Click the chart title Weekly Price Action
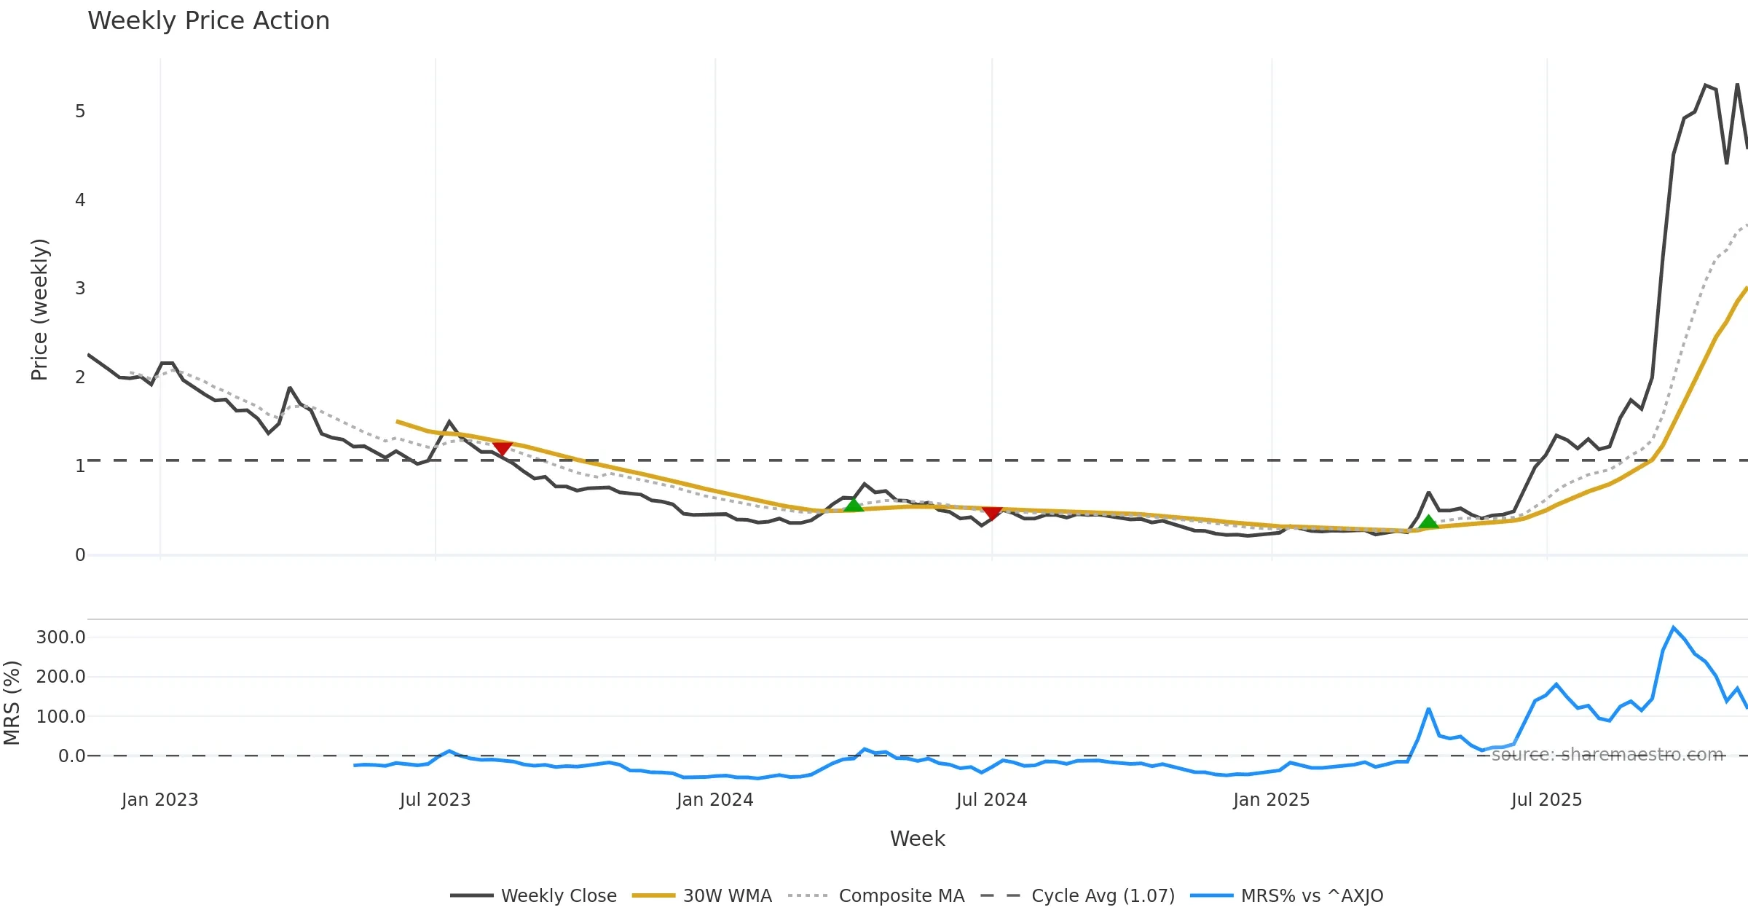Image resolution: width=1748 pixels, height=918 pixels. click(208, 21)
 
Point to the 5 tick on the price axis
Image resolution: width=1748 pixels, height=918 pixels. click(80, 111)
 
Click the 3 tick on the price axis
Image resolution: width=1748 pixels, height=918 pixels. click(80, 289)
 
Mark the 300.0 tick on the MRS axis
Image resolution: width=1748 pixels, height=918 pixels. click(61, 637)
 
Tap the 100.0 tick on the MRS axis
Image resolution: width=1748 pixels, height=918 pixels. click(61, 716)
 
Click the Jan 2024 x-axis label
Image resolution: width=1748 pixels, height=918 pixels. click(714, 800)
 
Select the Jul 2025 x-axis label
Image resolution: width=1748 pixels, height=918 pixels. click(1546, 800)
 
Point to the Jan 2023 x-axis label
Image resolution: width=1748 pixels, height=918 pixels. click(160, 800)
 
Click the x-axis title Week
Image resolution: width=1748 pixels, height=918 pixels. click(917, 839)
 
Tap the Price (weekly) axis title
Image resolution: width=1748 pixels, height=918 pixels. click(39, 310)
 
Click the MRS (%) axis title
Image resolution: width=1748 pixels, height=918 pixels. click(12, 702)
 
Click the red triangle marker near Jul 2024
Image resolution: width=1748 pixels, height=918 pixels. click(992, 513)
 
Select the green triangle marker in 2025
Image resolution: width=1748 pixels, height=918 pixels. click(1428, 522)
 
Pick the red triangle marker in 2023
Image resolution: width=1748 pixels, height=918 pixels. click(502, 448)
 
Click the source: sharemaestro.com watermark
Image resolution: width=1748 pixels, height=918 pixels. click(1607, 755)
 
